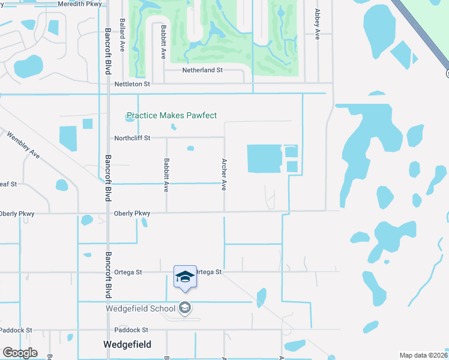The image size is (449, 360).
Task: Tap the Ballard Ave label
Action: pos(123,34)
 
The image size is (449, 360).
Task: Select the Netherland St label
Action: pos(202,70)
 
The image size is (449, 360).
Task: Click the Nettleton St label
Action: pos(133,85)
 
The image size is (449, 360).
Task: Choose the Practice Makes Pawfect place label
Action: pos(172,115)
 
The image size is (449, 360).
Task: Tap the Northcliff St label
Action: pos(132,138)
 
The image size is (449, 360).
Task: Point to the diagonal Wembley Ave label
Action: pos(23,145)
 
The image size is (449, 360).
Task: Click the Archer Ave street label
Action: pos(224,175)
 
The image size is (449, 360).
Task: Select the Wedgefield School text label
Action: pos(140,308)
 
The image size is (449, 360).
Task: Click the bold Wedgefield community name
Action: pos(127,344)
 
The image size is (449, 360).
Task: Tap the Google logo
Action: pos(20,353)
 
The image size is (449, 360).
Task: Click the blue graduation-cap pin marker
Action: pos(185,277)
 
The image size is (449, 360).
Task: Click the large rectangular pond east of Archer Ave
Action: pos(264,158)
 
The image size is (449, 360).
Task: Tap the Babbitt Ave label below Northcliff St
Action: pos(166,175)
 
